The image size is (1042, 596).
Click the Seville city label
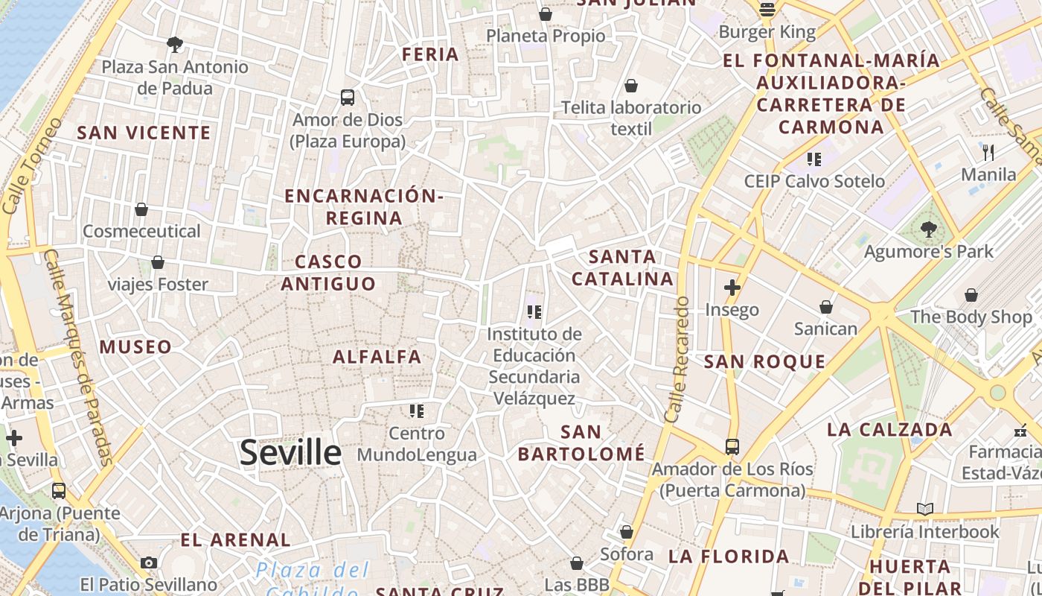(x=290, y=452)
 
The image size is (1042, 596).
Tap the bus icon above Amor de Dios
(x=348, y=98)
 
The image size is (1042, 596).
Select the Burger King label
(x=767, y=32)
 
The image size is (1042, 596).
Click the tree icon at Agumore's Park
(x=928, y=228)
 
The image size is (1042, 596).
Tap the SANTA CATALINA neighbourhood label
(x=632, y=268)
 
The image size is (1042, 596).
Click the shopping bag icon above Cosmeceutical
(x=141, y=209)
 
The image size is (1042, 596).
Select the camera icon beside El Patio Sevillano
(x=149, y=562)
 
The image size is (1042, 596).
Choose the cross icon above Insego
(x=732, y=287)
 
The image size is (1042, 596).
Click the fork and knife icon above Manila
(x=988, y=153)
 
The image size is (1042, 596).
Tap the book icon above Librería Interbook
(x=924, y=509)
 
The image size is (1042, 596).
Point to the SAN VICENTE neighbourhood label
(x=144, y=133)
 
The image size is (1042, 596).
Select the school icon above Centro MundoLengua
(x=416, y=410)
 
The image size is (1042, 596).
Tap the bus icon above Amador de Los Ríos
(x=732, y=447)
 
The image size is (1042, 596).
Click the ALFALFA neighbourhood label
(x=377, y=357)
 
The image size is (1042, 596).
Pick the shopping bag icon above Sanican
(x=825, y=307)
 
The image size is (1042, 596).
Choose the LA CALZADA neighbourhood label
(x=889, y=430)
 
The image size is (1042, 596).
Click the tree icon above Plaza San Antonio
(x=175, y=45)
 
